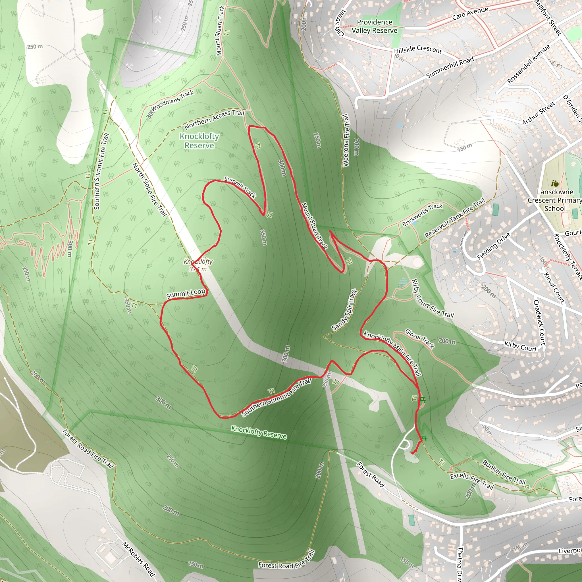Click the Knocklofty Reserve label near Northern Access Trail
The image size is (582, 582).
point(199,141)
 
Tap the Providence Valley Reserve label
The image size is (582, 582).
point(375,26)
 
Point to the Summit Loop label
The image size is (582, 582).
point(186,294)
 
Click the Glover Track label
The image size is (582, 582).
point(419,338)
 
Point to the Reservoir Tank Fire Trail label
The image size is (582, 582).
point(455,217)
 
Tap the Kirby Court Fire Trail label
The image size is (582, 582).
point(432,299)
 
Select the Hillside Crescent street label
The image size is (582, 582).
point(418,49)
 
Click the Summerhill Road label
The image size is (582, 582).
point(450,67)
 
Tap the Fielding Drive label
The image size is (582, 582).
point(494,246)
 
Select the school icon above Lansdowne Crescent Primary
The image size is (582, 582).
point(555,183)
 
